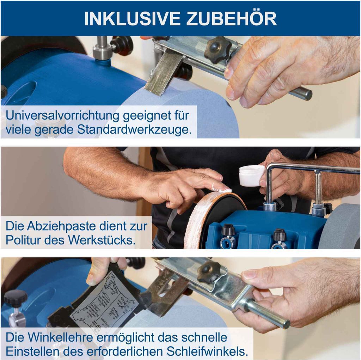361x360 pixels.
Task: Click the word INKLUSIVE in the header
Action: click(133, 19)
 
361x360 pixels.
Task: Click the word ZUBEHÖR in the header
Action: click(231, 19)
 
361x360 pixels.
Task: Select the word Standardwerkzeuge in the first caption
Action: click(134, 130)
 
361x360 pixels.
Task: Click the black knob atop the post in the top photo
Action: click(122, 45)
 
